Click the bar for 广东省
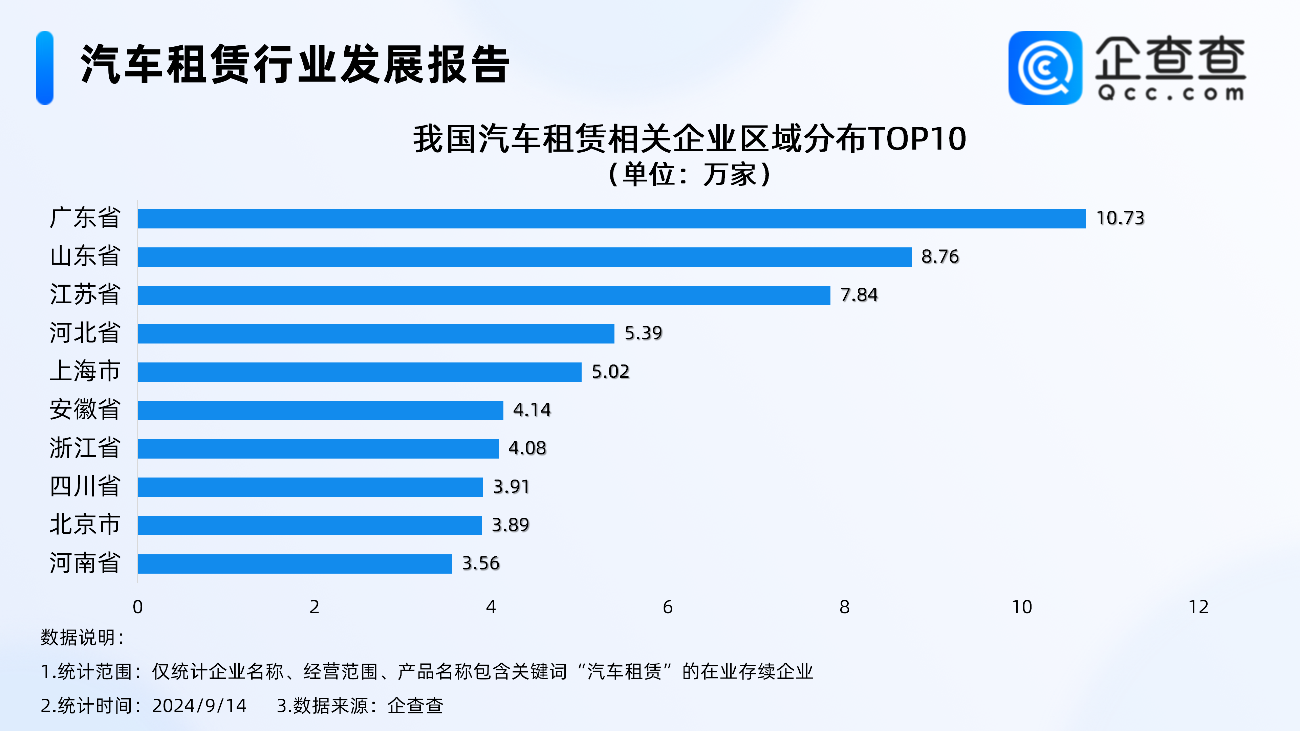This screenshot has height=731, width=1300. coord(612,218)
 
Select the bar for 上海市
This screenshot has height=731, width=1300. coord(359,372)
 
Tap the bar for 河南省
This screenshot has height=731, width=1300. coord(295,563)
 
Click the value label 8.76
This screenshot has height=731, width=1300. coord(940,257)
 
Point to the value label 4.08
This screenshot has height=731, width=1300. coord(527,448)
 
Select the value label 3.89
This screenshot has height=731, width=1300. coord(510,525)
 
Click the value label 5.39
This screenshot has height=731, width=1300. coord(643,333)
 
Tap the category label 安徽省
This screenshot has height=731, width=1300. coord(85,409)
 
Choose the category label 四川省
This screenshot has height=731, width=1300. coord(85,486)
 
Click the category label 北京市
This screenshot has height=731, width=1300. coord(85,525)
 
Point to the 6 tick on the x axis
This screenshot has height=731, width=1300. coord(667,607)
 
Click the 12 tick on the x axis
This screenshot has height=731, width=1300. coord(1198,607)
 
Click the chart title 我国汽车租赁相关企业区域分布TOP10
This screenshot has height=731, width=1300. coord(689,139)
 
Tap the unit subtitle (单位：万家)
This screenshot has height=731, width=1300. coord(689,175)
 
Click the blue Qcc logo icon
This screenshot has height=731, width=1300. coord(1045,68)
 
